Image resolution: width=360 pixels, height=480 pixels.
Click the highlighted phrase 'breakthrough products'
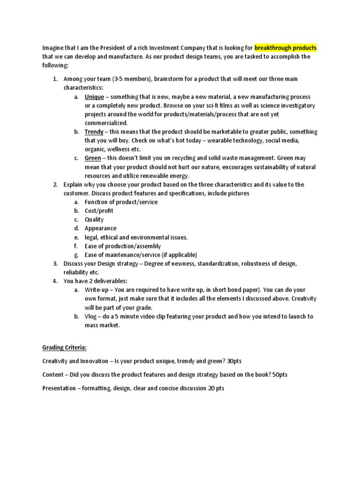coord(286,48)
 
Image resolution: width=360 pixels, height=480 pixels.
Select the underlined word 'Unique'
coord(94,97)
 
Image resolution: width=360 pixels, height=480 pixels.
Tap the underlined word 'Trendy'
coord(94,132)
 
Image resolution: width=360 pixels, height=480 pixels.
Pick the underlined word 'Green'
coord(93,158)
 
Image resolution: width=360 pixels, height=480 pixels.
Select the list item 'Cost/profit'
coord(99,210)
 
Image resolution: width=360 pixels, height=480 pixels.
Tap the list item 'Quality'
coord(94,219)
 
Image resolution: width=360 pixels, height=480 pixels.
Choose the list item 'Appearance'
coord(100,228)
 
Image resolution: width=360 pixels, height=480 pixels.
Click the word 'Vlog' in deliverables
coord(91,316)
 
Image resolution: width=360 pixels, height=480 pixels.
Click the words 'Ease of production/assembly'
coord(123,246)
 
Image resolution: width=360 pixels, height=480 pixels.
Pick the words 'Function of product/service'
coord(121,202)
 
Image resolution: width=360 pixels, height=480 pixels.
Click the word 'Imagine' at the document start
coord(53,48)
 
